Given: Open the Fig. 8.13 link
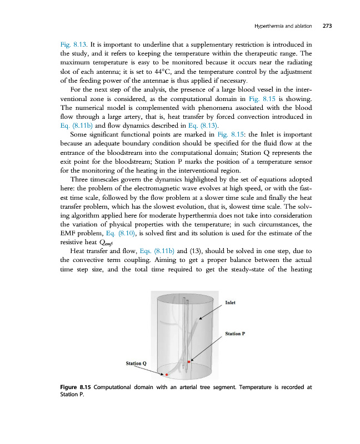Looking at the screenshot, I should pyautogui.click(x=70, y=43).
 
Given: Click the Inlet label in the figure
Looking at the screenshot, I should pyautogui.click(x=231, y=303).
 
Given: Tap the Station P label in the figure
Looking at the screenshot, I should pyautogui.click(x=236, y=334).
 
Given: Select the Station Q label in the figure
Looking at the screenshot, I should pyautogui.click(x=136, y=363).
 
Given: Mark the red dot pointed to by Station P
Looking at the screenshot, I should pyautogui.click(x=189, y=361).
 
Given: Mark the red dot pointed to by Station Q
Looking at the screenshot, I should pyautogui.click(x=167, y=375).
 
